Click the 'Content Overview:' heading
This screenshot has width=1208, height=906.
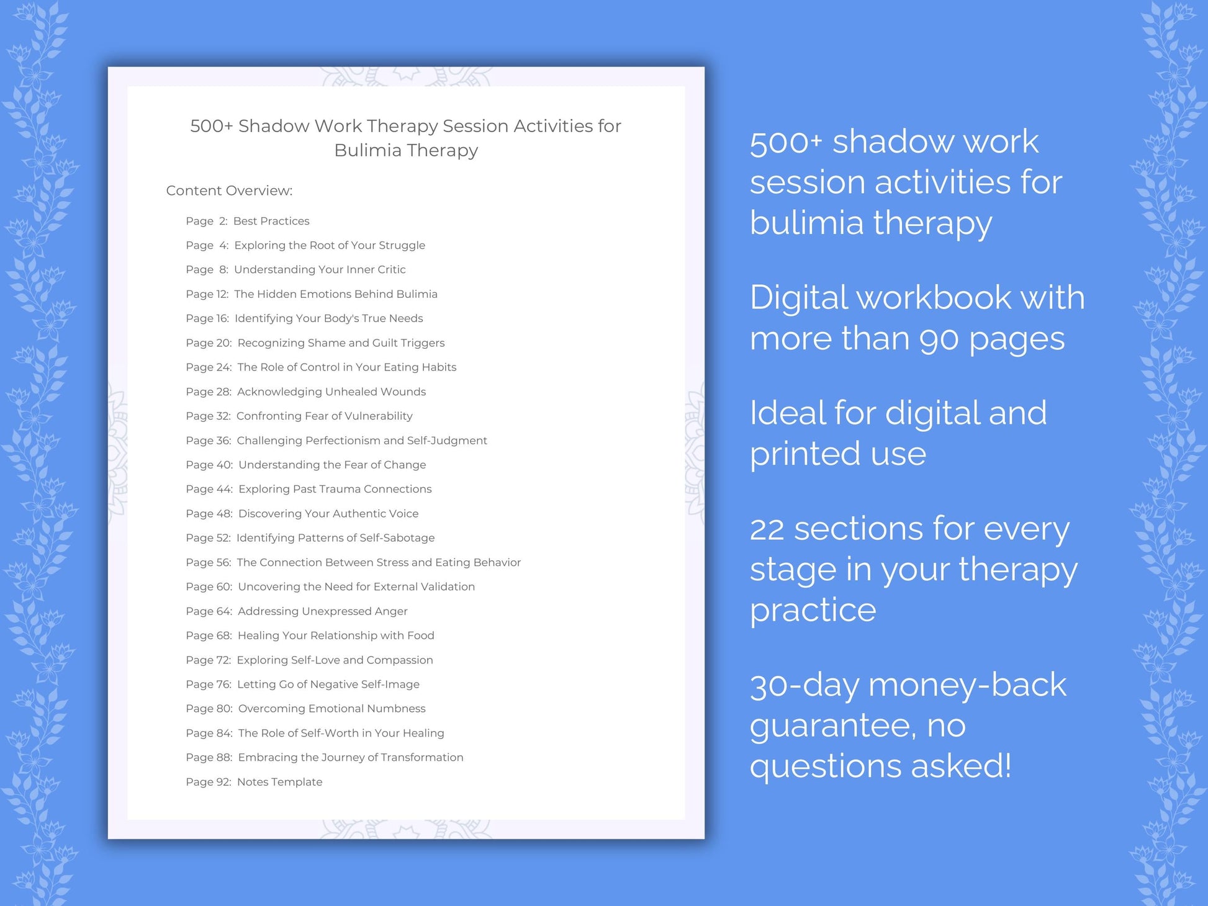coord(229,191)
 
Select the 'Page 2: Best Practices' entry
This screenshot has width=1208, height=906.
coord(247,221)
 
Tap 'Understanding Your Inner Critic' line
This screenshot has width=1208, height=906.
coord(319,269)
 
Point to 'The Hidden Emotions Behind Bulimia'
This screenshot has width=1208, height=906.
coord(335,294)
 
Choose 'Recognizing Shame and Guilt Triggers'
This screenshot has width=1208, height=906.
coord(341,343)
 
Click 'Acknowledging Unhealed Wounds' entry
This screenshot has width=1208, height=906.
coord(331,392)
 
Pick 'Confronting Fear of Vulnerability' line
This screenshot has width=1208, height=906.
coord(324,416)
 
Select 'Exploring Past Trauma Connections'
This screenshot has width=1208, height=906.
coord(335,489)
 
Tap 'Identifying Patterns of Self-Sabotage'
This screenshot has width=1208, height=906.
coord(335,538)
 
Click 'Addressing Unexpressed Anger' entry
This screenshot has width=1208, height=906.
coord(322,611)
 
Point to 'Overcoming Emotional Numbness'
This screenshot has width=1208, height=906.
coord(331,709)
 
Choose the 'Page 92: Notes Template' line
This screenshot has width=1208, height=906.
coord(254,782)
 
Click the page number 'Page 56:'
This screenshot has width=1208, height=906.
coord(208,562)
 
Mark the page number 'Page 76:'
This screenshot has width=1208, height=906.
coord(209,684)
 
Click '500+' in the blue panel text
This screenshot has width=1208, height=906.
coord(785,143)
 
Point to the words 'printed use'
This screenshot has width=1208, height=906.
coord(837,454)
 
